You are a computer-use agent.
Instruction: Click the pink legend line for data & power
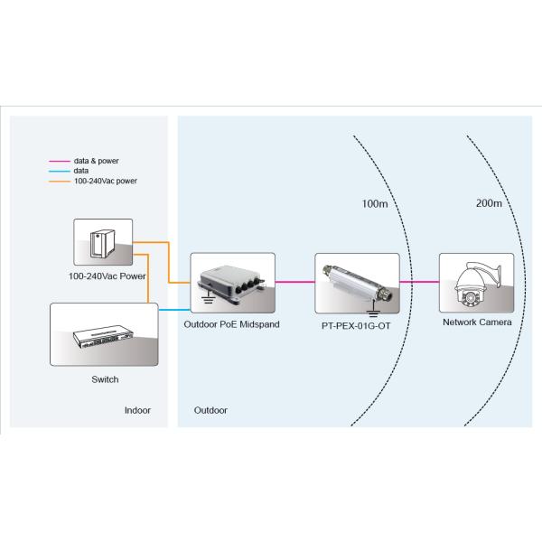[60, 161]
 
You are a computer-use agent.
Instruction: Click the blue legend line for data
[60, 171]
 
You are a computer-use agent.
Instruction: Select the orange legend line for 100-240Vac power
[60, 181]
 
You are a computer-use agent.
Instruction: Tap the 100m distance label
[374, 204]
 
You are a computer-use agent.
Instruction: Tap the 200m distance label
[489, 204]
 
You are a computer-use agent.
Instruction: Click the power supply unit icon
[102, 242]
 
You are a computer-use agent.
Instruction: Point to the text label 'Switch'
[106, 379]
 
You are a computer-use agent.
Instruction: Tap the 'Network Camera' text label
[476, 322]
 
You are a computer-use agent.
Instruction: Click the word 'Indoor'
[137, 410]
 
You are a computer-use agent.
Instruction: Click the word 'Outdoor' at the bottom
[210, 410]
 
